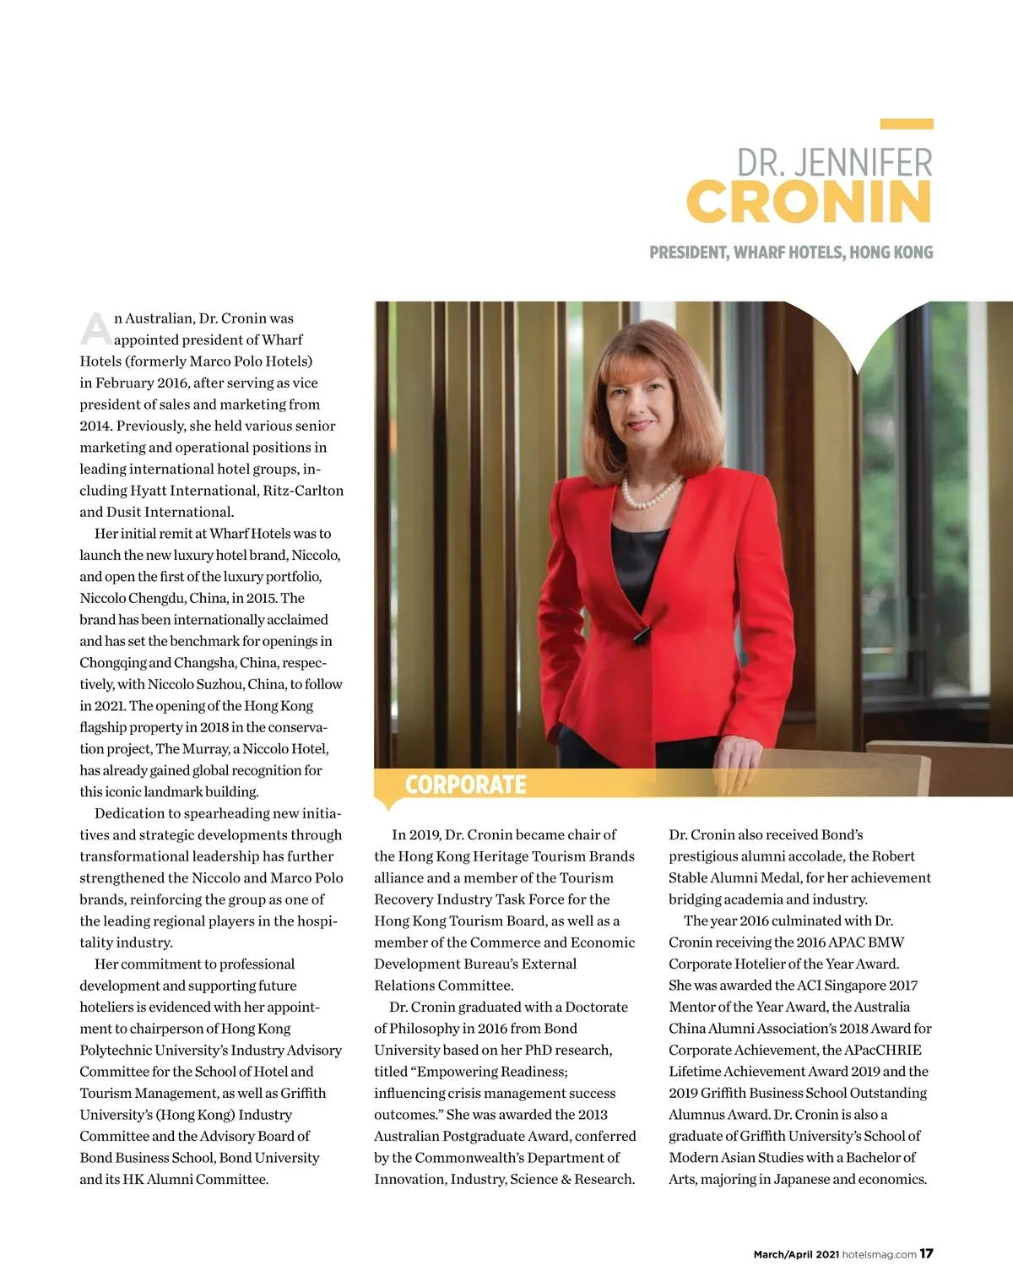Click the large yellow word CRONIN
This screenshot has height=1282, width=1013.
click(809, 201)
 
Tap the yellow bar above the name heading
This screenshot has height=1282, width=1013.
click(906, 124)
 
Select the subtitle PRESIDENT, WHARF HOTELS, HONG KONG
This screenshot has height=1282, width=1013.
click(791, 253)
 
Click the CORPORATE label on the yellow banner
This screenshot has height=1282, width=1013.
click(465, 785)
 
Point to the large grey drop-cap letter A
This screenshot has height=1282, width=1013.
click(95, 329)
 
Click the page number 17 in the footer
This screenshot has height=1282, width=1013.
click(926, 1253)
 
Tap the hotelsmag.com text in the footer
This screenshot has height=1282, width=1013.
click(879, 1254)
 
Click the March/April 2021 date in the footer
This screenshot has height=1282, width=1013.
click(796, 1254)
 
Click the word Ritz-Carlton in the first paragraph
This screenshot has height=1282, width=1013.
click(303, 491)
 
